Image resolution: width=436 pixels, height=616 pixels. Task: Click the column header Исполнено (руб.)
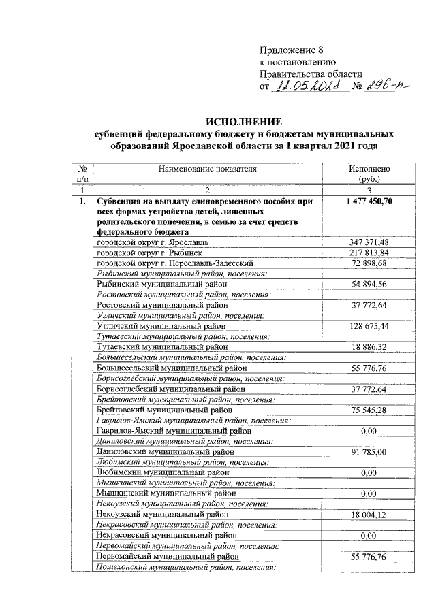(369, 174)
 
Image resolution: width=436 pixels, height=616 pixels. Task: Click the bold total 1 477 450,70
(369, 202)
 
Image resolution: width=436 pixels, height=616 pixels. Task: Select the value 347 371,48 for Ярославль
(369, 242)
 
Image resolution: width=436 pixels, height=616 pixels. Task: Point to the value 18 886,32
(369, 347)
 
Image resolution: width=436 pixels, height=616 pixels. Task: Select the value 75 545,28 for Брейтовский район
(369, 410)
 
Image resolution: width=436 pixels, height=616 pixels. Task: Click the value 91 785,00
(369, 452)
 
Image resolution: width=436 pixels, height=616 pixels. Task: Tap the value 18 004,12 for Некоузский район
(369, 515)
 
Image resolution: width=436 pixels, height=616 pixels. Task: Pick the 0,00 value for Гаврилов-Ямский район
(369, 431)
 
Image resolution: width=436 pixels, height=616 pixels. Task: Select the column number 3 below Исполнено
(369, 190)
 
